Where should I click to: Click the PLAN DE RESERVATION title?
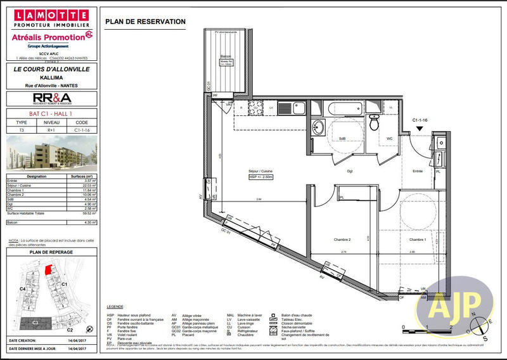click(x=145, y=22)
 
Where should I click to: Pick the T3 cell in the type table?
click(x=22, y=129)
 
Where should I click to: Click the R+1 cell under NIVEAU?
click(x=51, y=129)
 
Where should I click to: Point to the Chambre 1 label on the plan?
click(x=417, y=240)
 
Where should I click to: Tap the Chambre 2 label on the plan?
click(x=342, y=240)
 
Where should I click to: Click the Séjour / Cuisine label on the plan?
click(x=260, y=171)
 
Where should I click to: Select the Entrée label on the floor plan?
click(x=418, y=172)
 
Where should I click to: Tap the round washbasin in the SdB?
click(x=319, y=129)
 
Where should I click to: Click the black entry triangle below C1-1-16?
click(x=419, y=129)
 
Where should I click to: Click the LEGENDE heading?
click(x=115, y=306)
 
